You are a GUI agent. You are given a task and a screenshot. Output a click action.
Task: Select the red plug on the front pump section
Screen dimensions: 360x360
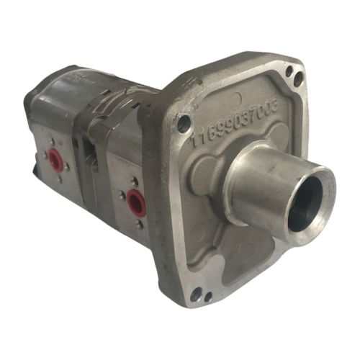tap(135, 204)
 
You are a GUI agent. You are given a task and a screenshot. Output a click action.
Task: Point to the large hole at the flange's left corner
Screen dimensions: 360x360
tap(184, 125)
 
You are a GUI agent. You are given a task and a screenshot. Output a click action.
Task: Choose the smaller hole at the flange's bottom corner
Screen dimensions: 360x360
tap(208, 296)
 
